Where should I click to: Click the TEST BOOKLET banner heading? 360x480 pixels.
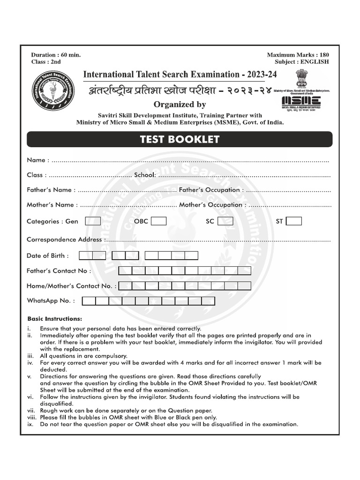point(180,139)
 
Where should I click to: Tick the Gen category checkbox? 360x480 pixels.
point(93,221)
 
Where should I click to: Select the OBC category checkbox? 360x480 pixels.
point(158,221)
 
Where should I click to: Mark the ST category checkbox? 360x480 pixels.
point(294,221)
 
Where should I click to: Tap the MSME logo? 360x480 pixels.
point(301,101)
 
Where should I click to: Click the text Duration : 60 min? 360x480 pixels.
point(56,55)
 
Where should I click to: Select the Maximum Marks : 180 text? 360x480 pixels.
point(298,55)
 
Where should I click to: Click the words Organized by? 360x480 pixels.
point(180,104)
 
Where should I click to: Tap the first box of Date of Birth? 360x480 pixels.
point(86,255)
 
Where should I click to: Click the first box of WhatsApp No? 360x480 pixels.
point(89,301)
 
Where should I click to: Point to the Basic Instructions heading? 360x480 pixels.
point(54,319)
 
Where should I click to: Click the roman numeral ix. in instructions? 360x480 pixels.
point(30,424)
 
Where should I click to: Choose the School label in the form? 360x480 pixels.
point(144,175)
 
